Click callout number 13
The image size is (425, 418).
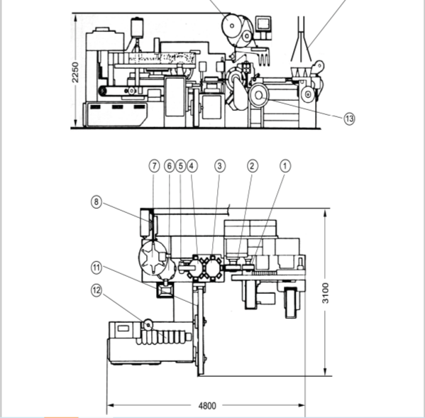(349, 119)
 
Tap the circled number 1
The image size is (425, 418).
(285, 165)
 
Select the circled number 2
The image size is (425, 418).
(253, 165)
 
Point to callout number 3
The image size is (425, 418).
(220, 165)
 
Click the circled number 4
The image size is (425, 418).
(192, 165)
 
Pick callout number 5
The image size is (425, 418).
(181, 165)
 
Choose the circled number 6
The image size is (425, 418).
(170, 165)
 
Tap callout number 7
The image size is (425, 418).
(154, 165)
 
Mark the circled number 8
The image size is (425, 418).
(96, 202)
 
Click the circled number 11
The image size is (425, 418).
(96, 268)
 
